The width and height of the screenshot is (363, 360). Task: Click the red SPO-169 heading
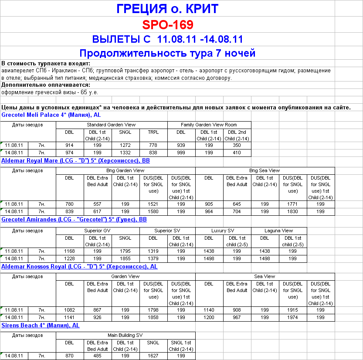(x=167, y=24)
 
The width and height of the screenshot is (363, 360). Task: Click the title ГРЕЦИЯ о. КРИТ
(x=168, y=8)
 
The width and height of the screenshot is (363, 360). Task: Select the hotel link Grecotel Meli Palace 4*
(x=51, y=115)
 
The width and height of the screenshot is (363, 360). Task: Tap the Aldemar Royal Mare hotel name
(x=75, y=160)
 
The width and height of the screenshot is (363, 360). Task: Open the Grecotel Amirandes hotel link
(x=74, y=220)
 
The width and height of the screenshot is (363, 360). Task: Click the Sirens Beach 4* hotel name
(x=41, y=325)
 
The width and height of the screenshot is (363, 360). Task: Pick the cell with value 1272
(x=125, y=145)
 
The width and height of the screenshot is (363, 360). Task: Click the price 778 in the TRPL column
(x=153, y=145)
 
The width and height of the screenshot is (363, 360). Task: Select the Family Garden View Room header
(x=209, y=125)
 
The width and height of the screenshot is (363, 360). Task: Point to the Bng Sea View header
(x=265, y=170)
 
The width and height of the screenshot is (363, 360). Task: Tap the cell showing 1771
(x=292, y=204)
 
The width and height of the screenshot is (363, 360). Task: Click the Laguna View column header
(x=278, y=231)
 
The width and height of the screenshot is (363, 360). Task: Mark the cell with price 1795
(x=125, y=251)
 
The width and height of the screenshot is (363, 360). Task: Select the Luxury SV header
(x=223, y=231)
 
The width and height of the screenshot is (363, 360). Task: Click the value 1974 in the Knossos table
(x=292, y=318)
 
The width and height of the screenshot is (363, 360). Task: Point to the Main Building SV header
(x=126, y=335)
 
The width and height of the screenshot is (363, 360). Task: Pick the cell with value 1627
(x=153, y=356)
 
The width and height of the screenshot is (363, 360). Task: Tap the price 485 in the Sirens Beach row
(x=97, y=356)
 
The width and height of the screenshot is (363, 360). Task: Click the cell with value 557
(x=97, y=204)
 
